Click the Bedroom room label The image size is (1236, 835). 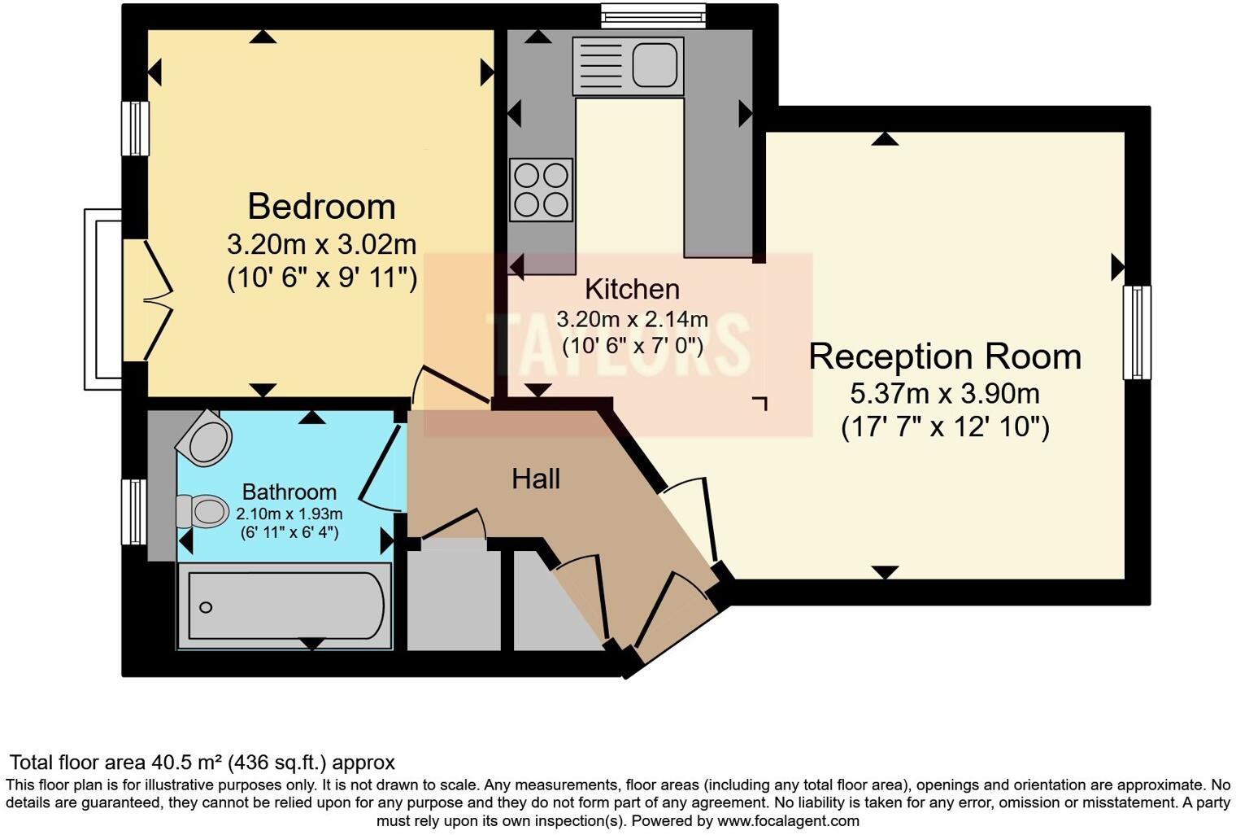pyautogui.click(x=321, y=206)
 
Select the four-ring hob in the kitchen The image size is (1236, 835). pyautogui.click(x=541, y=190)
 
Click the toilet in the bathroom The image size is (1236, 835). pyautogui.click(x=202, y=511)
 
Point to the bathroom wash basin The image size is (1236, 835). pyautogui.click(x=207, y=439)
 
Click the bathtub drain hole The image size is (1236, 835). pyautogui.click(x=206, y=607)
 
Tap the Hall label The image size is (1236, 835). pyautogui.click(x=536, y=479)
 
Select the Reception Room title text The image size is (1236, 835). pyautogui.click(x=945, y=356)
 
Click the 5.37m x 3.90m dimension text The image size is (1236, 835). pyautogui.click(x=945, y=394)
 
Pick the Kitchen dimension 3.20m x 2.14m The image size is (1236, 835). pyautogui.click(x=632, y=319)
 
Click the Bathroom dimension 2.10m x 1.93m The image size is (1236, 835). pyautogui.click(x=289, y=514)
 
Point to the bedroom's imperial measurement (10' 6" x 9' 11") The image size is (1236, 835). pyautogui.click(x=321, y=278)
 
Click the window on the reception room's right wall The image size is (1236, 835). pyautogui.click(x=1137, y=332)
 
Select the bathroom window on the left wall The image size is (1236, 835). pyautogui.click(x=134, y=511)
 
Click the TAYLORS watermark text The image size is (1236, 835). pyautogui.click(x=618, y=343)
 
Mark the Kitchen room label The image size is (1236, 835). pyautogui.click(x=632, y=289)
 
